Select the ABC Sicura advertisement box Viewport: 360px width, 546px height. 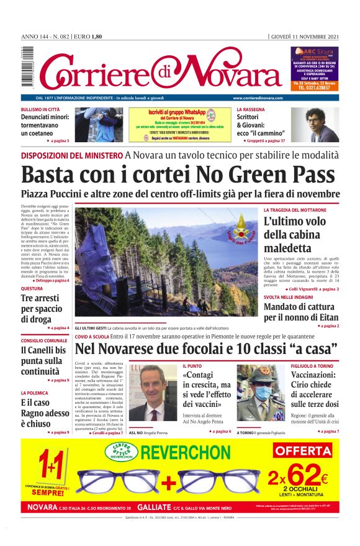(x=315, y=70)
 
